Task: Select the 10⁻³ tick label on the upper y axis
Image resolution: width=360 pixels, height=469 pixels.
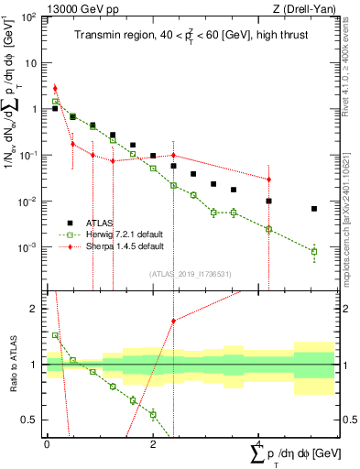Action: coord(28,248)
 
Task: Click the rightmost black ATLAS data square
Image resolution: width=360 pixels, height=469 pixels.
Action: coord(314,209)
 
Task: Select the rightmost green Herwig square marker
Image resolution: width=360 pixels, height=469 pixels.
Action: coord(314,251)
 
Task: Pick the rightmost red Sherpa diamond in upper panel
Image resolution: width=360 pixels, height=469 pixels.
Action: coord(268,179)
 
